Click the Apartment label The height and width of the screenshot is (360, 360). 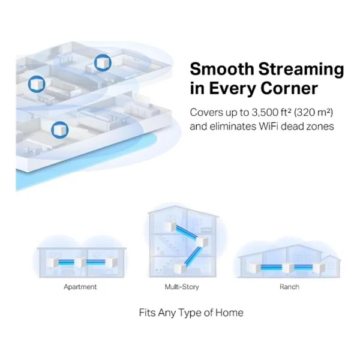[x=80, y=287]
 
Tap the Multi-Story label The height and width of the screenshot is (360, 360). [x=182, y=287]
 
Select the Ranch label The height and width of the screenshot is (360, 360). [x=289, y=287]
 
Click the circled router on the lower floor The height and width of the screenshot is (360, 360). [x=59, y=130]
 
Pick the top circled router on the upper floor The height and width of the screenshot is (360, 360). [x=103, y=62]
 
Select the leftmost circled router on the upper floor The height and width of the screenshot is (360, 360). [x=37, y=84]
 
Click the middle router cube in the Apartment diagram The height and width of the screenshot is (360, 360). [x=80, y=262]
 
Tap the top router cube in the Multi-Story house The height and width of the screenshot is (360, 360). [x=170, y=227]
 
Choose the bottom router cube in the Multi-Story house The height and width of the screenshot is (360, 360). [x=179, y=268]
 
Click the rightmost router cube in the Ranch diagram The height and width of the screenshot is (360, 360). [x=319, y=268]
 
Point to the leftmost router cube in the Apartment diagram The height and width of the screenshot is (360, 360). [x=52, y=262]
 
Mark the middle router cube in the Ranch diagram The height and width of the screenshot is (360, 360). [x=288, y=268]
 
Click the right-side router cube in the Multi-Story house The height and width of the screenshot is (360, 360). [x=202, y=242]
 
